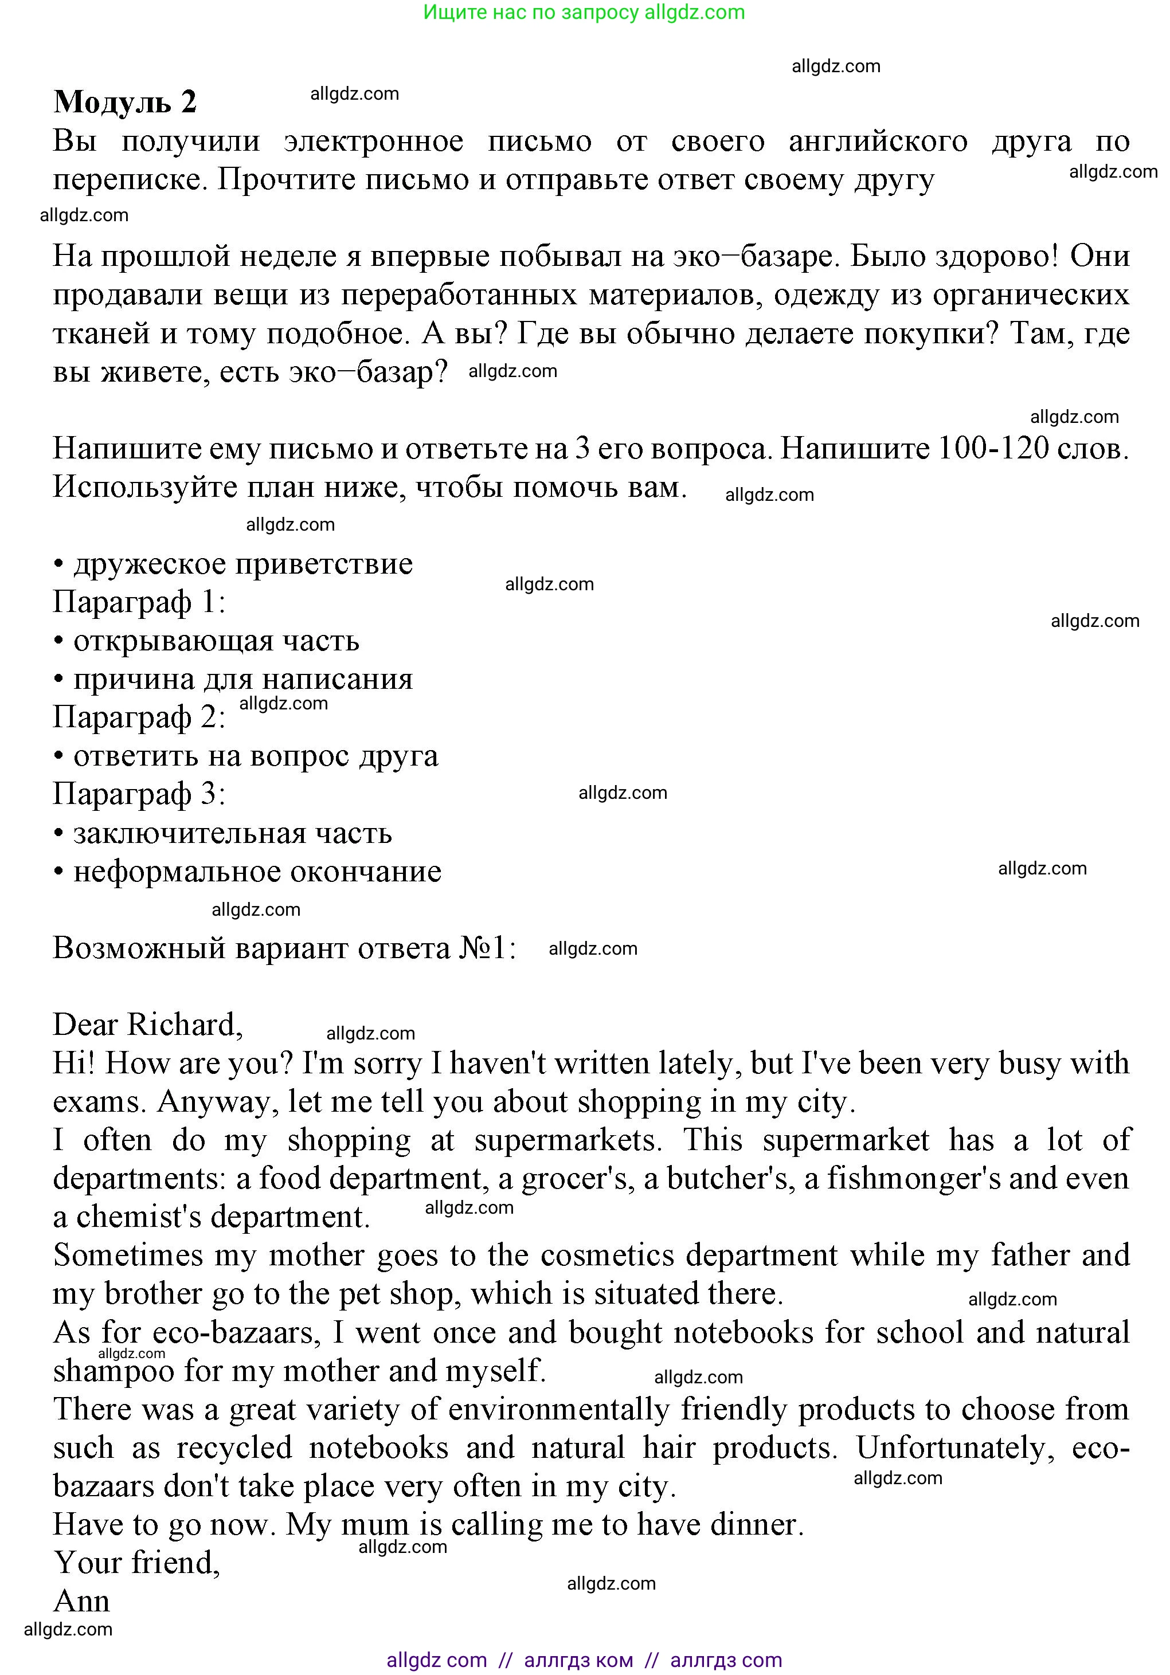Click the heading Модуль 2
click(x=125, y=102)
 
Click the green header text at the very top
click(x=584, y=13)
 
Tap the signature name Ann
click(x=82, y=1601)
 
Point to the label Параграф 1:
click(x=139, y=603)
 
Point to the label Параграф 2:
click(x=139, y=717)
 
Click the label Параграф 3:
click(x=139, y=794)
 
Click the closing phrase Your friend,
click(x=136, y=1563)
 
